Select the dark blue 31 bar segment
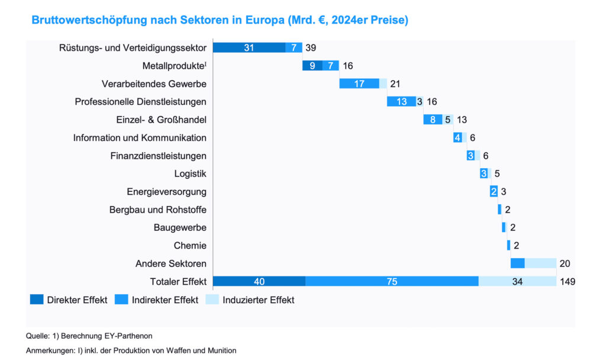point(249,48)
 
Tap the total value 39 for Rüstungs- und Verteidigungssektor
point(311,48)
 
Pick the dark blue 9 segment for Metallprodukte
point(312,66)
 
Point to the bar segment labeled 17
point(359,83)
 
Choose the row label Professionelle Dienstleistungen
point(140,102)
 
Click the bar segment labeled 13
point(401,102)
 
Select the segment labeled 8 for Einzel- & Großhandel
point(433,120)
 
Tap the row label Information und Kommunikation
point(140,138)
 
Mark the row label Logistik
point(190,173)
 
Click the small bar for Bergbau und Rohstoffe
point(499,209)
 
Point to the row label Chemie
point(190,245)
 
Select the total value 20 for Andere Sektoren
point(565,263)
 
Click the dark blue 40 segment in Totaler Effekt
point(259,281)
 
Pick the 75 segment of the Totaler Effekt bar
point(392,281)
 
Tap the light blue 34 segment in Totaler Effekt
point(517,281)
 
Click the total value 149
point(568,281)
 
